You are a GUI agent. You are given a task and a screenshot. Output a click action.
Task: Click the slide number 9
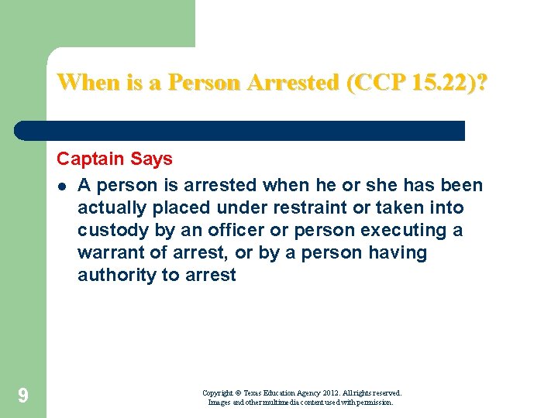(x=23, y=397)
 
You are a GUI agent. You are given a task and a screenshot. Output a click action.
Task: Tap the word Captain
(x=88, y=159)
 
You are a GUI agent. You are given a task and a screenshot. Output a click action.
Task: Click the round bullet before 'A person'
(x=61, y=186)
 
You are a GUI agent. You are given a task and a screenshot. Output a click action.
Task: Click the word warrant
(x=107, y=253)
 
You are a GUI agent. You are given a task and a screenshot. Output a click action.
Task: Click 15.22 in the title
(x=436, y=82)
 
